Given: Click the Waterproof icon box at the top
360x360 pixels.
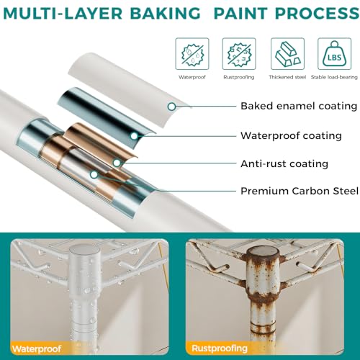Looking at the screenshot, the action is click(x=192, y=54).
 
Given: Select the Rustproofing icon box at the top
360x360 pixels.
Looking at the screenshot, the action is click(x=239, y=54).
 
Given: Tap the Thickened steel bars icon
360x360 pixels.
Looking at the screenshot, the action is click(x=287, y=54).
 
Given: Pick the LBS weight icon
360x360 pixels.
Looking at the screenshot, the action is click(x=335, y=54).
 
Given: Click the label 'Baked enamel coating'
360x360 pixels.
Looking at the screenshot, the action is click(x=299, y=106).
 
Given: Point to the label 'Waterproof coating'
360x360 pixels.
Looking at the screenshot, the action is click(x=291, y=136).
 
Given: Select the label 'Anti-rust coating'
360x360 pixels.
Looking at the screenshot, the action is click(x=284, y=164).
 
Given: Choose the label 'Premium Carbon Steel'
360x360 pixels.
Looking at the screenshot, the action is click(x=300, y=192).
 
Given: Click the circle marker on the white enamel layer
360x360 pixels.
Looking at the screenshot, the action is click(x=171, y=107).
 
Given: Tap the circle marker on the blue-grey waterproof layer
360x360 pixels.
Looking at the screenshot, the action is click(x=134, y=136).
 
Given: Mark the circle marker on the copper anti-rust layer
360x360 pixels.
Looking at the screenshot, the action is click(x=117, y=163).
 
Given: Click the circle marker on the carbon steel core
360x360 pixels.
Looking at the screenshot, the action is click(x=94, y=175).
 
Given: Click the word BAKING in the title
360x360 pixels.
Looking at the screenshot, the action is click(x=165, y=14).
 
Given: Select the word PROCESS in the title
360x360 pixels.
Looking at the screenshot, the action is click(x=317, y=14).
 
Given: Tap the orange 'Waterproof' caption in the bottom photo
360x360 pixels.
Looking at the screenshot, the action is click(x=37, y=348).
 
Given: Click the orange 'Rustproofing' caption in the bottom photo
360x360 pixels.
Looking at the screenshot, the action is click(x=220, y=348).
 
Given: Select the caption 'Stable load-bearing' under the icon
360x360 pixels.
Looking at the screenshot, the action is click(x=334, y=77).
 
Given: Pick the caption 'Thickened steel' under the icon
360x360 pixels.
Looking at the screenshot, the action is click(x=287, y=77).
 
